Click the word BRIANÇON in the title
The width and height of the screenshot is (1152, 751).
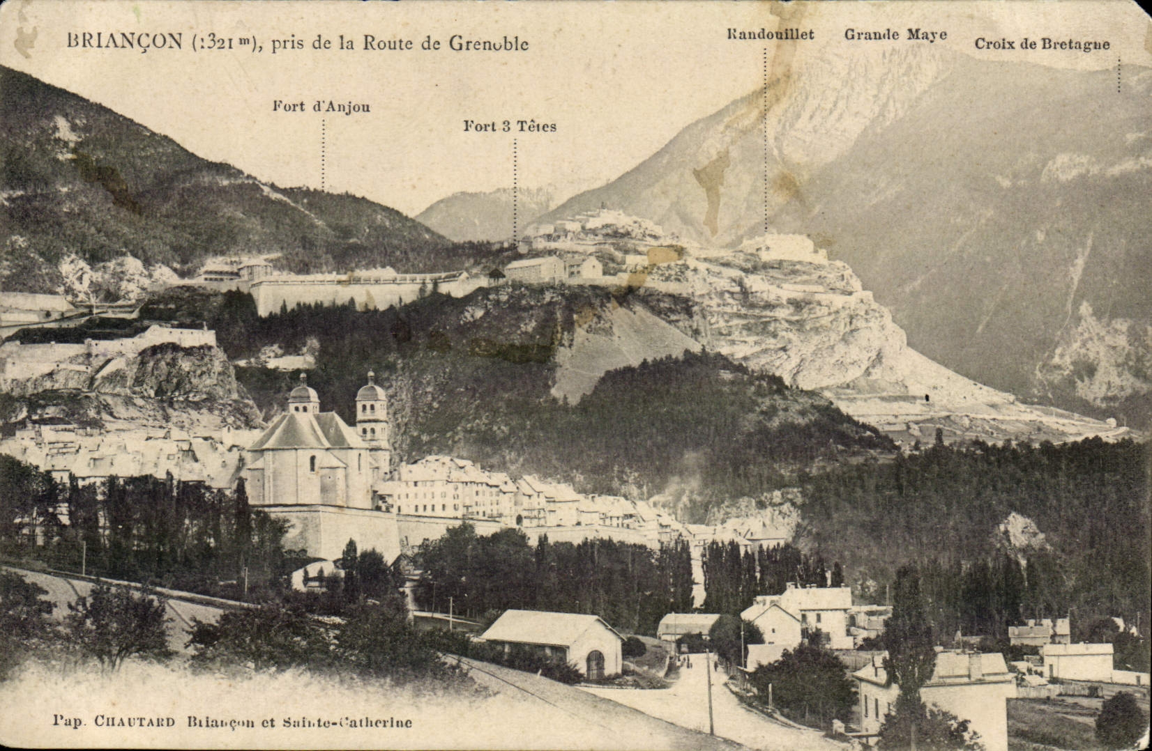point(124,41)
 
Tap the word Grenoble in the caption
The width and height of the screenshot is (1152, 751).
point(488,43)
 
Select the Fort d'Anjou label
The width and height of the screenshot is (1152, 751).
point(321,107)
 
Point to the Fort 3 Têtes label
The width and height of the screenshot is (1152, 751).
point(510,126)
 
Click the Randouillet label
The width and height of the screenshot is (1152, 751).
point(770,34)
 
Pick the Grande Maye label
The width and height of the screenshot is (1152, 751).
point(895,34)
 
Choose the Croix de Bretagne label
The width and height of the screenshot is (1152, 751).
point(1042,44)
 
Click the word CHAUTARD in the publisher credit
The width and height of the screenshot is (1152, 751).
point(134,722)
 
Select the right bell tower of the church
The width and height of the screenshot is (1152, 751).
point(371,411)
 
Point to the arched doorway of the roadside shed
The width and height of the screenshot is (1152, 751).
point(595,665)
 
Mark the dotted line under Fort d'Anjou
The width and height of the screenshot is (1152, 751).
point(323,153)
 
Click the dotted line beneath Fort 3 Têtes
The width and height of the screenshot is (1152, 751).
point(515,188)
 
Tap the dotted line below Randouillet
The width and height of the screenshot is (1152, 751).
point(765,139)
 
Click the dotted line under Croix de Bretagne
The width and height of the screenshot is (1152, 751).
point(1119,75)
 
